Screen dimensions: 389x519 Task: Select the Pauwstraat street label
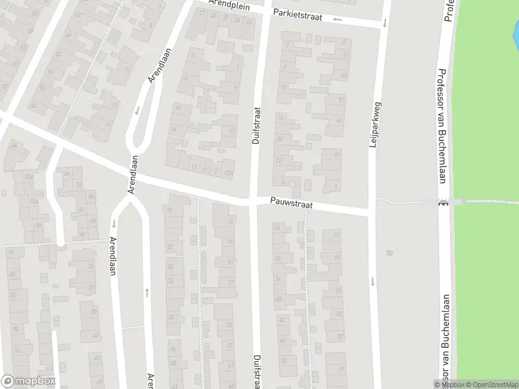(x=292, y=204)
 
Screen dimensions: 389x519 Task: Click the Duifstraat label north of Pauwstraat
(x=256, y=126)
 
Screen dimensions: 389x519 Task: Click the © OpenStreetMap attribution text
(x=490, y=384)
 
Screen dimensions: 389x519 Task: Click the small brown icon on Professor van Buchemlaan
(x=444, y=203)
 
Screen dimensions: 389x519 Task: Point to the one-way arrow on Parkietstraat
(x=337, y=19)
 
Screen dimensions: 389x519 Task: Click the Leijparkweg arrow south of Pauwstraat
(x=373, y=281)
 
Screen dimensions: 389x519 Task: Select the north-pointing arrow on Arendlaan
(x=147, y=292)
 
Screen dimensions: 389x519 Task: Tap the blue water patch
(x=515, y=29)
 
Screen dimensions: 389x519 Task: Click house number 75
(x=337, y=258)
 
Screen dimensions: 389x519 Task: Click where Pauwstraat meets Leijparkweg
(x=372, y=211)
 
